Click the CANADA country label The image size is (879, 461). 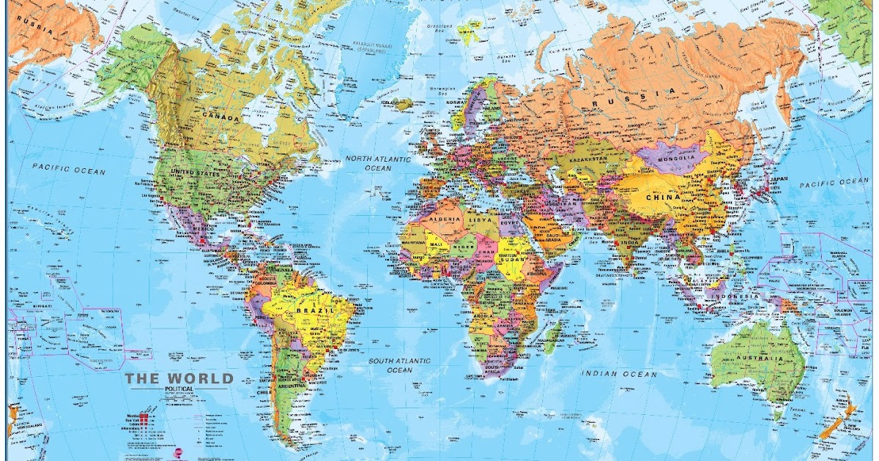[223, 118]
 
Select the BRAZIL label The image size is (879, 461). [315, 310]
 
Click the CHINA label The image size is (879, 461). [663, 196]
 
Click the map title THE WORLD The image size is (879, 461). [179, 378]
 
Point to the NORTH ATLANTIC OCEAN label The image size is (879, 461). [369, 163]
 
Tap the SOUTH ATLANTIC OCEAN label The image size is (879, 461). [400, 365]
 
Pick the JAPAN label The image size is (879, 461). [779, 179]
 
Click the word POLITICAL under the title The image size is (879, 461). [179, 389]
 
